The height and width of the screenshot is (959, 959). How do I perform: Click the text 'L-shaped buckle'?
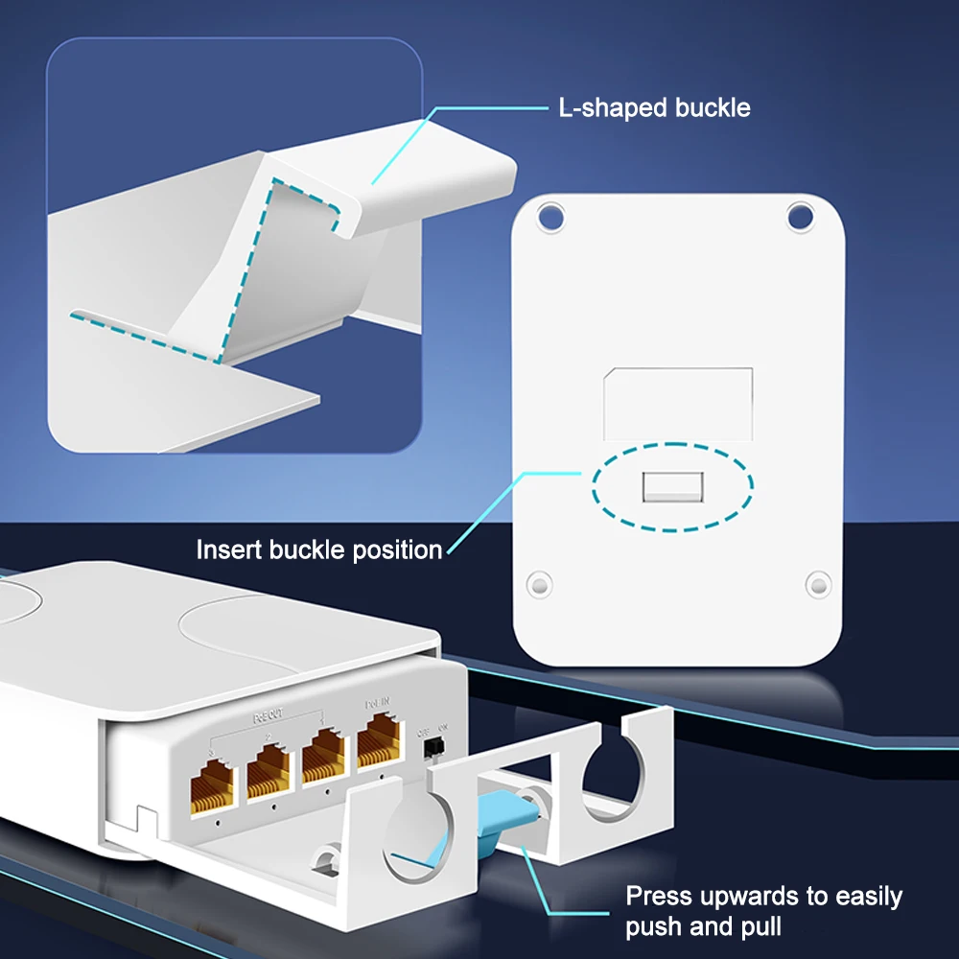pyautogui.click(x=654, y=107)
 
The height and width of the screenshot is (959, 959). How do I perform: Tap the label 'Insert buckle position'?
pyautogui.click(x=318, y=550)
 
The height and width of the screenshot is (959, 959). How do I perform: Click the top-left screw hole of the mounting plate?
pyautogui.click(x=550, y=217)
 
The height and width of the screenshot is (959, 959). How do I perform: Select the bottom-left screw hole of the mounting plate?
pyautogui.click(x=539, y=582)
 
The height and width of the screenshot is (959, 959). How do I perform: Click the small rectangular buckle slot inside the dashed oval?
pyautogui.click(x=672, y=486)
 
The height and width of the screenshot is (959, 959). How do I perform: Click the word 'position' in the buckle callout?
pyautogui.click(x=397, y=550)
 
